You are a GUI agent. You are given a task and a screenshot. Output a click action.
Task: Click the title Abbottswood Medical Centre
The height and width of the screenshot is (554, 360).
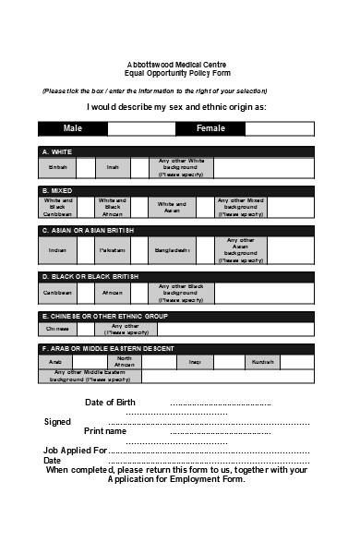pos(180,63)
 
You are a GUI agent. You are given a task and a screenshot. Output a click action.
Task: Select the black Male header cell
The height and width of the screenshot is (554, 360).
pos(73,128)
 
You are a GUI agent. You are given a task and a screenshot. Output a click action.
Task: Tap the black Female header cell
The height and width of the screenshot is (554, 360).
pos(210,128)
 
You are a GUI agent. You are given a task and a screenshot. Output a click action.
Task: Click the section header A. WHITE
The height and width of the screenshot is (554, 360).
pos(57,151)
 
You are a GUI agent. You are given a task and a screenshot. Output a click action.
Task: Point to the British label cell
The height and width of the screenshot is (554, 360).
pos(57,167)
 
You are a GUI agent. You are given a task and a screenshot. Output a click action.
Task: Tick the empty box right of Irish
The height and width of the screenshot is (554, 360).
pos(139,167)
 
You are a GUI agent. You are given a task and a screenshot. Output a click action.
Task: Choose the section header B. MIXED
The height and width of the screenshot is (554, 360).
pos(57,190)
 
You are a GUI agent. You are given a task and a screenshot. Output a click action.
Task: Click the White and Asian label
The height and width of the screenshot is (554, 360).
pos(172,207)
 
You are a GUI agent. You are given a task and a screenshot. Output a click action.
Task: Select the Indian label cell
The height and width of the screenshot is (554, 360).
pos(57,250)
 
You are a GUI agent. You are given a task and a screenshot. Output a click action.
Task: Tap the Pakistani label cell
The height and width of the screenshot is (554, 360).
pos(113,250)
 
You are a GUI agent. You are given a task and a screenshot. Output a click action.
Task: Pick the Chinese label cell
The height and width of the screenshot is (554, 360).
pos(57,328)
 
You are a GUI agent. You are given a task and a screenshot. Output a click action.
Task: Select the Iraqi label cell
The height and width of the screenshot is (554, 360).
pos(195,362)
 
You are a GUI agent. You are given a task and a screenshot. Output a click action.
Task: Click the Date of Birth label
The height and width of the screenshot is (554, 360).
pos(111,403)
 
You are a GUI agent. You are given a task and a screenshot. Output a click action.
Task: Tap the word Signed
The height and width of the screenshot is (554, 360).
pos(57,421)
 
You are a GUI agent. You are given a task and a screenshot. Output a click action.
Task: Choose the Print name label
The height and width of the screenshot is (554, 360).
pos(105,431)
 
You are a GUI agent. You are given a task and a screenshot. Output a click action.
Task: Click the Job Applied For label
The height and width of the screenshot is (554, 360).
pos(75,450)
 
